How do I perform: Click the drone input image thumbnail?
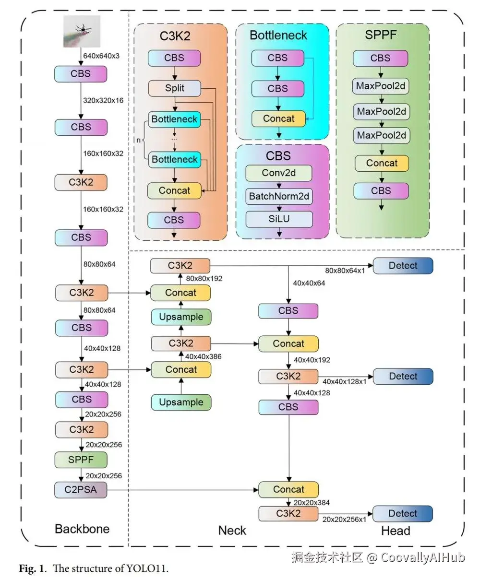pyautogui.click(x=82, y=31)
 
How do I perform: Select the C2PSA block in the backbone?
pyautogui.click(x=81, y=490)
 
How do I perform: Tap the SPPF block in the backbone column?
pyautogui.click(x=81, y=460)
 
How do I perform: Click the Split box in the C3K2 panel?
pyautogui.click(x=174, y=88)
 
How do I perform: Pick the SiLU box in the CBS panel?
pyautogui.click(x=279, y=219)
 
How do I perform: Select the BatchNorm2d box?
pyautogui.click(x=279, y=196)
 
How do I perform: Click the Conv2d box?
pyautogui.click(x=279, y=173)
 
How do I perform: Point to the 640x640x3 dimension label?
pyautogui.click(x=101, y=56)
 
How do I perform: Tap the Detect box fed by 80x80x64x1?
pyautogui.click(x=403, y=266)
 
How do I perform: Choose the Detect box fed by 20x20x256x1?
pyautogui.click(x=403, y=513)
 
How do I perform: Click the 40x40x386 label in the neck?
pyautogui.click(x=204, y=356)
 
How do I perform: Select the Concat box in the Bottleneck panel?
pyautogui.click(x=278, y=118)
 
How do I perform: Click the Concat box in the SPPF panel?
pyautogui.click(x=382, y=163)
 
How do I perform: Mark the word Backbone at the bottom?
pyautogui.click(x=82, y=529)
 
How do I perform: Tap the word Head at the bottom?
pyautogui.click(x=396, y=531)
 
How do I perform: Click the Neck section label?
pyautogui.click(x=232, y=530)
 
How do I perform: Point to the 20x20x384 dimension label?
pyautogui.click(x=312, y=503)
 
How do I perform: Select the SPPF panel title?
pyautogui.click(x=381, y=35)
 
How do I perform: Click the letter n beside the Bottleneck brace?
pyautogui.click(x=139, y=140)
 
